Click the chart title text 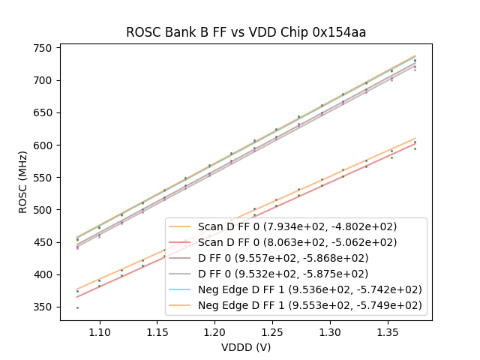coord(246,32)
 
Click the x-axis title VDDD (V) coord(246,347)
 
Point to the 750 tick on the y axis coord(44,48)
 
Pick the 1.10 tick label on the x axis coord(100,331)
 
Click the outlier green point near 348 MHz coord(77,307)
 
